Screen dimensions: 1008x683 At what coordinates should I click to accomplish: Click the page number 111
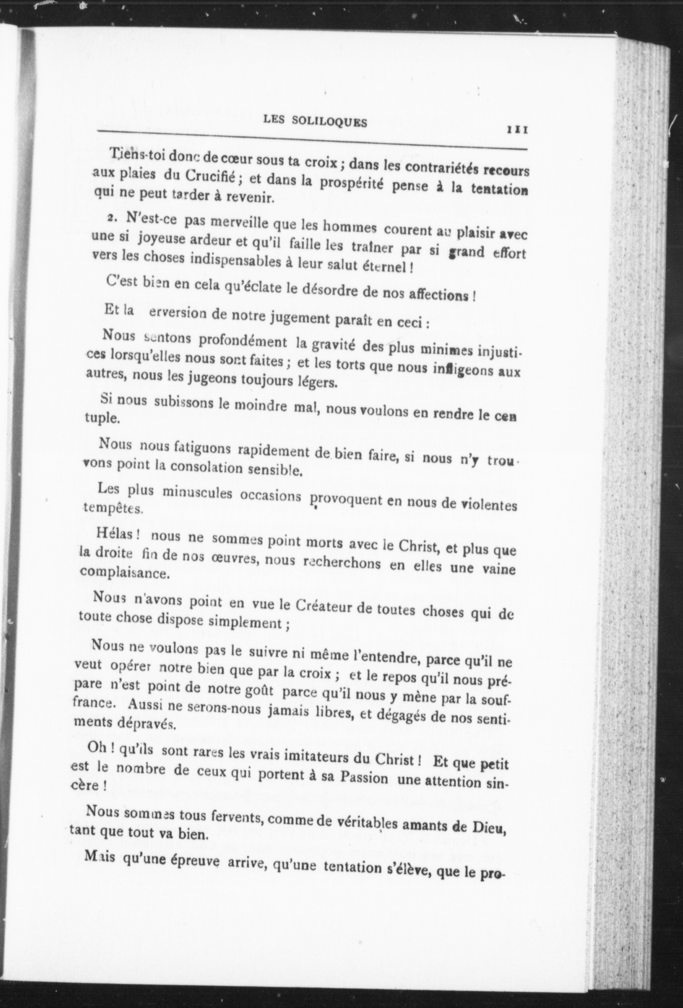coord(517,130)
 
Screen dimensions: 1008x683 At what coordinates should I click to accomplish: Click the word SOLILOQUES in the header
coord(329,122)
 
